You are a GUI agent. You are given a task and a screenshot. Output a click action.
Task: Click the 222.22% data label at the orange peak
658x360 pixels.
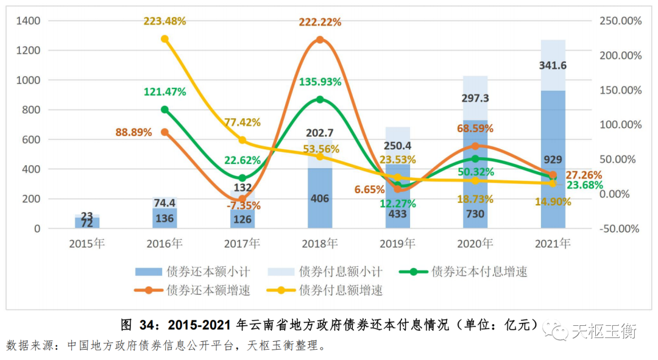click(320, 22)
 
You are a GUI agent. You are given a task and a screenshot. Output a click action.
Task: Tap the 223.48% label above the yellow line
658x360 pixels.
click(164, 21)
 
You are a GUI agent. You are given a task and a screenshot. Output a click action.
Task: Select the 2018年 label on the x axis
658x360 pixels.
click(320, 244)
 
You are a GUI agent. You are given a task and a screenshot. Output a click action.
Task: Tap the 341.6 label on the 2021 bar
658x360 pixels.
click(553, 66)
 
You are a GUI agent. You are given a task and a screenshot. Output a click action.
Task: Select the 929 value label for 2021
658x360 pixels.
click(553, 160)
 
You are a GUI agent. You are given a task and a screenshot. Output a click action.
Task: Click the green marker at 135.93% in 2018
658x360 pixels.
click(320, 99)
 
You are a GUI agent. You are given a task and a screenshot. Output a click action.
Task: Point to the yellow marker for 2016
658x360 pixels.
click(164, 39)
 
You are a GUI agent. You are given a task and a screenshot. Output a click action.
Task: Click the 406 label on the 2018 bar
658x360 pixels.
click(320, 198)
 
